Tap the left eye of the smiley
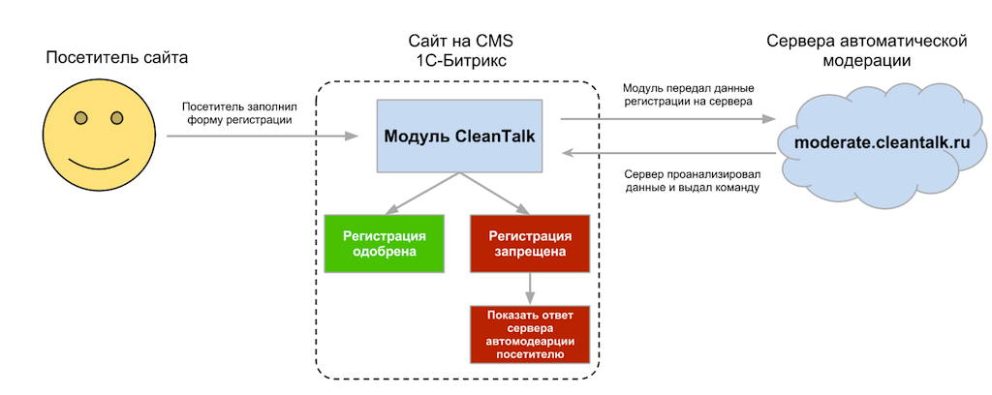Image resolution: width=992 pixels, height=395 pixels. pyautogui.click(x=81, y=118)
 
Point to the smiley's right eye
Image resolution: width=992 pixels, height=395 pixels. pyautogui.click(x=116, y=118)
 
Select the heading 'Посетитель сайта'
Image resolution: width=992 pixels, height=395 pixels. pyautogui.click(x=116, y=58)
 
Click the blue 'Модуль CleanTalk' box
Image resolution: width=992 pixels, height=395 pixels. pyautogui.click(x=461, y=137)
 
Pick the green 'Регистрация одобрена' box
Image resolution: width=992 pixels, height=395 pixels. pyautogui.click(x=385, y=243)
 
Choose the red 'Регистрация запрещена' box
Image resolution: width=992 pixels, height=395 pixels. pyautogui.click(x=529, y=243)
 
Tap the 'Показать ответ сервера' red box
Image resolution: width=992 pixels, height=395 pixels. pyautogui.click(x=529, y=334)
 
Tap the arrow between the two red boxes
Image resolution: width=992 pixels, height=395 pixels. pyautogui.click(x=529, y=288)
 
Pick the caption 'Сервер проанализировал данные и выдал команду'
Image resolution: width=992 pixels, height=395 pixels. pyautogui.click(x=690, y=180)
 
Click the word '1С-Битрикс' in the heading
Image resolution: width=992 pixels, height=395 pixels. pyautogui.click(x=460, y=61)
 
